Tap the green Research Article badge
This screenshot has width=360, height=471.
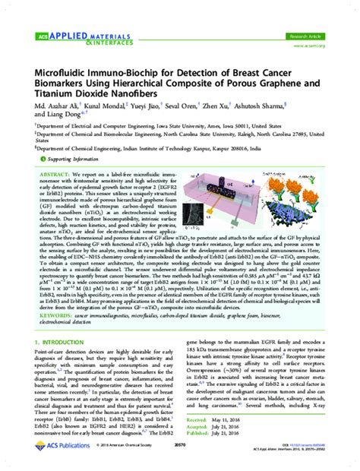311,36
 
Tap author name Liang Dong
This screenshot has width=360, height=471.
54,120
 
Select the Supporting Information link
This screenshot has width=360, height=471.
65,161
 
